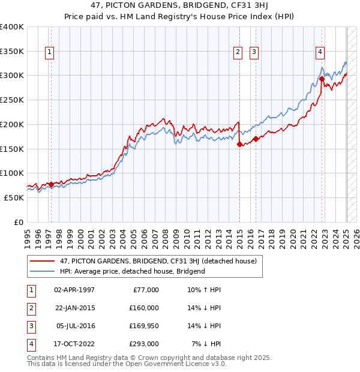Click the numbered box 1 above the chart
[x=49, y=52]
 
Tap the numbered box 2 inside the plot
[x=238, y=52]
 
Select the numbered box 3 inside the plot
[x=254, y=52]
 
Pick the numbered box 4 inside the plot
[x=321, y=52]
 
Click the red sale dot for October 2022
[x=322, y=79]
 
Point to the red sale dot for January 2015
[x=239, y=144]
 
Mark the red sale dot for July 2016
[x=256, y=139]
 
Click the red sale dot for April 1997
[x=51, y=184]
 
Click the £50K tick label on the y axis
[x=14, y=197]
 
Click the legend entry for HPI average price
[x=132, y=271]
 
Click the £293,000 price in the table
[x=144, y=344]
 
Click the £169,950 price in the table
[x=144, y=326]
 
